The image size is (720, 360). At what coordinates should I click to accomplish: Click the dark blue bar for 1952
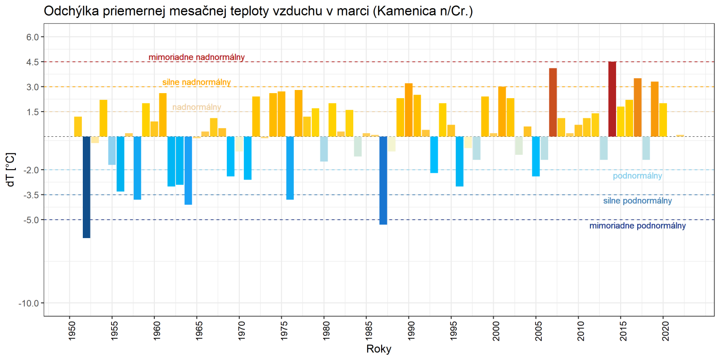(86, 187)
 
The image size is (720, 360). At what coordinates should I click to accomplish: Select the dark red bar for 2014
(612, 99)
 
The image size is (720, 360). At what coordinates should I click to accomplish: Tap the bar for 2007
(553, 103)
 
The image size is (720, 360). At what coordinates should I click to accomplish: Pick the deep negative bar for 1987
(383, 180)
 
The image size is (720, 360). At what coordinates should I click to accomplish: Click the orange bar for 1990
(409, 110)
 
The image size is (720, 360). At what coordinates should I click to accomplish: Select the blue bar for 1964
(188, 170)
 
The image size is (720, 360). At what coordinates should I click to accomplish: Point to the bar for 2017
(638, 108)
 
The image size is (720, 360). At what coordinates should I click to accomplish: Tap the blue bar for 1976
(290, 167)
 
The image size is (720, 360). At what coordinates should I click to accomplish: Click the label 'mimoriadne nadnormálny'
(197, 57)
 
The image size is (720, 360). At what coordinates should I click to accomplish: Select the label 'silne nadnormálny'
(197, 82)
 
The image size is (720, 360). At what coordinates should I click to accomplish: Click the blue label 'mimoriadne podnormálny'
(637, 225)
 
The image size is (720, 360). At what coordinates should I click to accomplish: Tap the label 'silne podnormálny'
(637, 201)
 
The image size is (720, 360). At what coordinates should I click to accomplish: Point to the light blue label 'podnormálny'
(637, 176)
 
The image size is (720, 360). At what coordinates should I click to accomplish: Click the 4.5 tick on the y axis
(32, 62)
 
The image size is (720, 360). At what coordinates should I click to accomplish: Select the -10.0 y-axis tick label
(29, 303)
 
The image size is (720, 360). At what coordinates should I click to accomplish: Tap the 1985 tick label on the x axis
(369, 330)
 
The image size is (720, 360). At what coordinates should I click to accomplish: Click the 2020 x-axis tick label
(666, 330)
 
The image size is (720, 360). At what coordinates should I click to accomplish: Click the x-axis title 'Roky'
(379, 349)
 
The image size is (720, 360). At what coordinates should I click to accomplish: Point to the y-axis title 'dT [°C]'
(11, 170)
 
